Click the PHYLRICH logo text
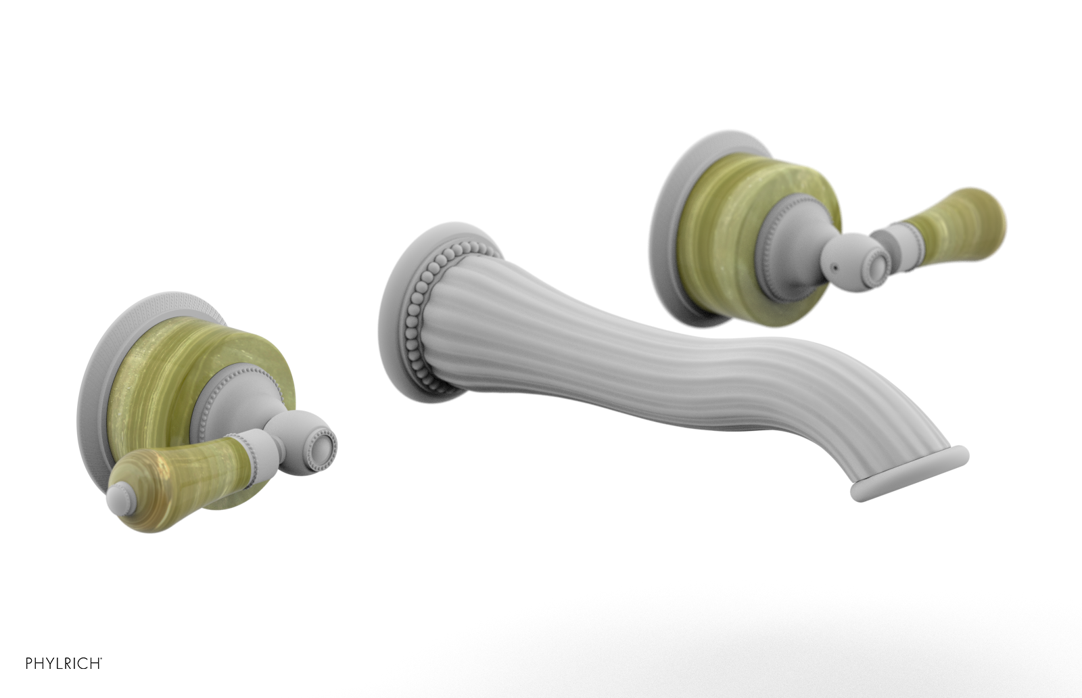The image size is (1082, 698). [64, 664]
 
